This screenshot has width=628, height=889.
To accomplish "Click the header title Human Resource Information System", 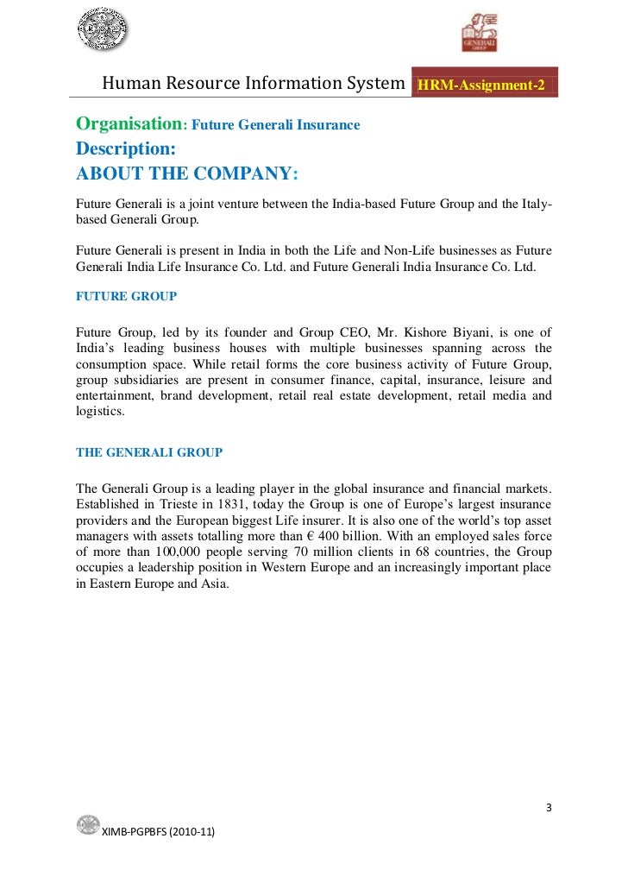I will tap(254, 84).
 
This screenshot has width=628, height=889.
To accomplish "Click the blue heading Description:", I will tap(126, 148).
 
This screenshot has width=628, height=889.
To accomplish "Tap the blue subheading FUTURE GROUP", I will tap(126, 296).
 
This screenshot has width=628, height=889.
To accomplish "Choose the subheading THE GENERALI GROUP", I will tap(149, 451).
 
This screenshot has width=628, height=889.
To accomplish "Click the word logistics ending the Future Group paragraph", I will tap(100, 412).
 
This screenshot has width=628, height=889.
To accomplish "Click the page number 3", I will tap(549, 809).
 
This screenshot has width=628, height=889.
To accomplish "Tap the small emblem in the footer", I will tap(87, 825).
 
